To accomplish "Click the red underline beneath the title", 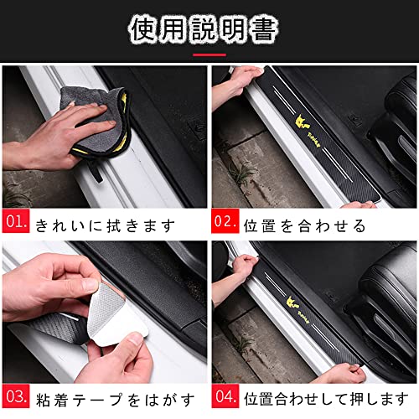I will [x=209, y=55].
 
